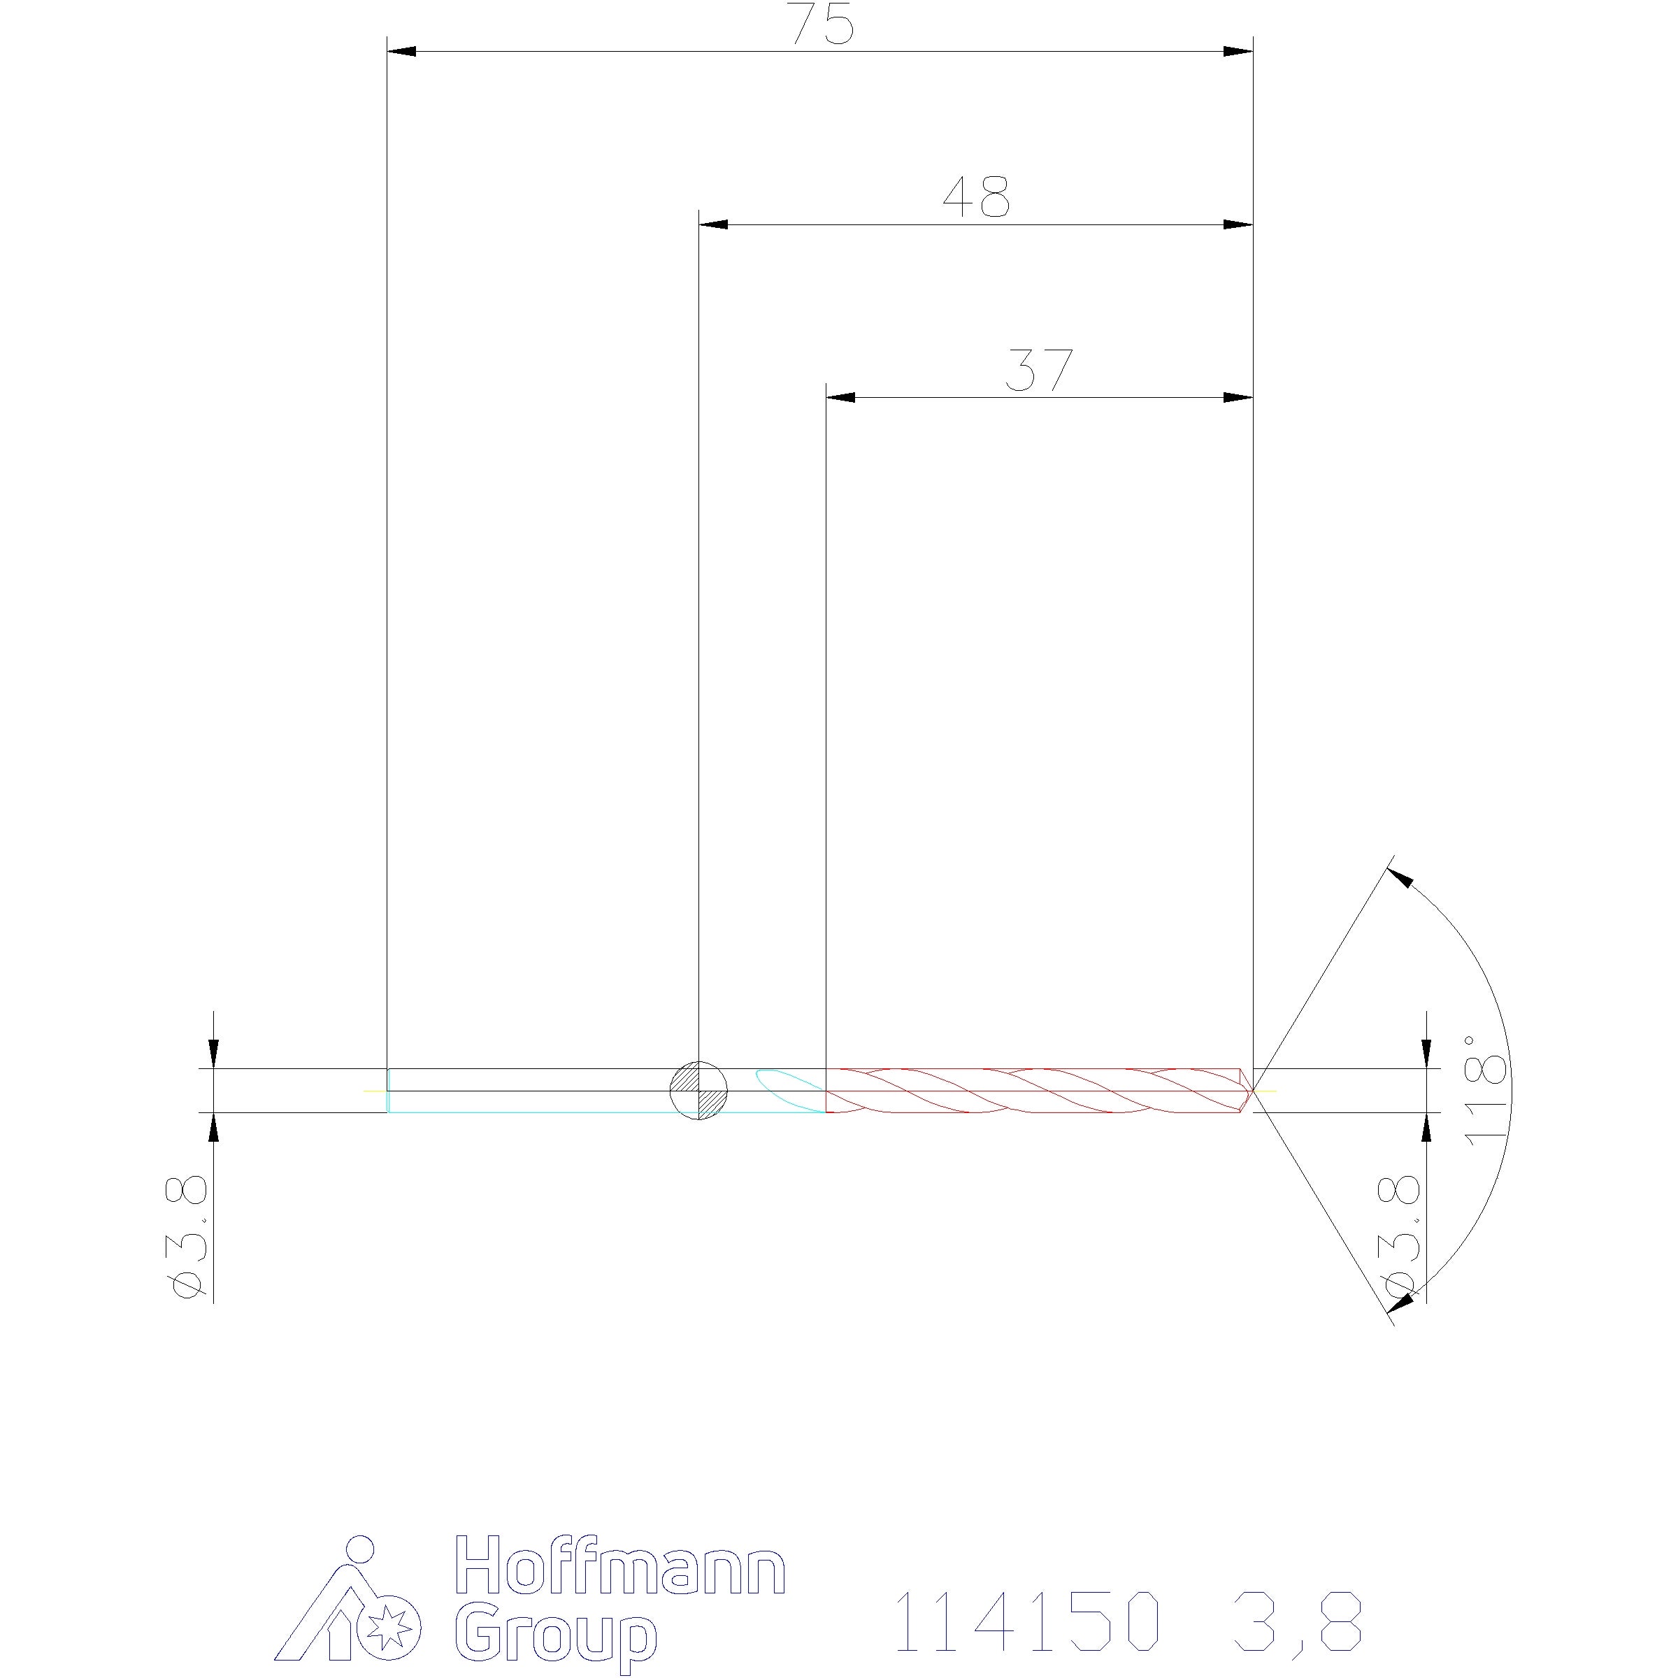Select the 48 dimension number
(x=976, y=197)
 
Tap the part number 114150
(x=1028, y=1621)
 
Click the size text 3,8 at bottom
(x=1294, y=1621)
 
